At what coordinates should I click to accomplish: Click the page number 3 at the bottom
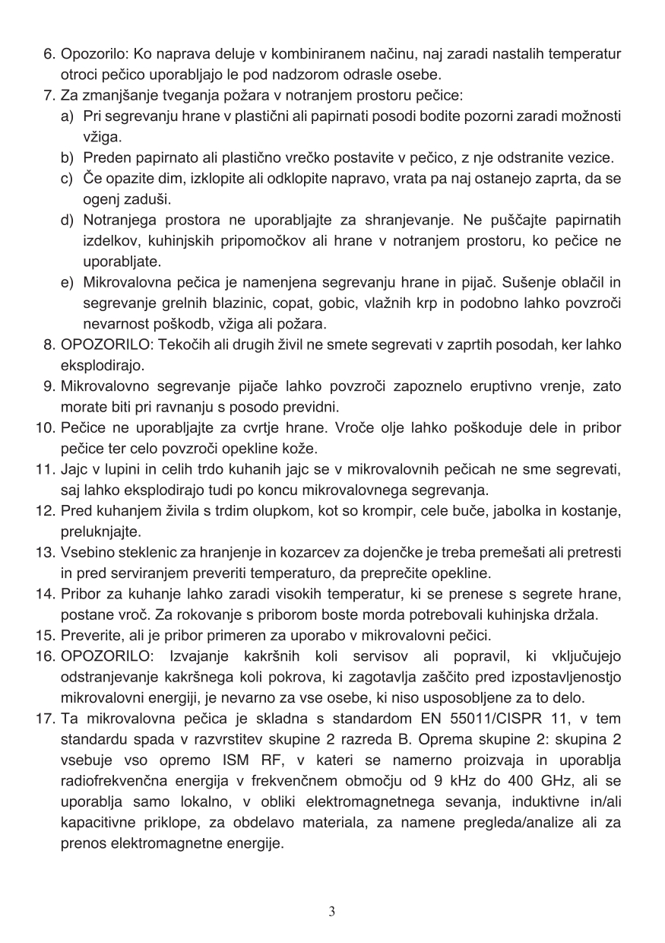(x=332, y=911)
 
